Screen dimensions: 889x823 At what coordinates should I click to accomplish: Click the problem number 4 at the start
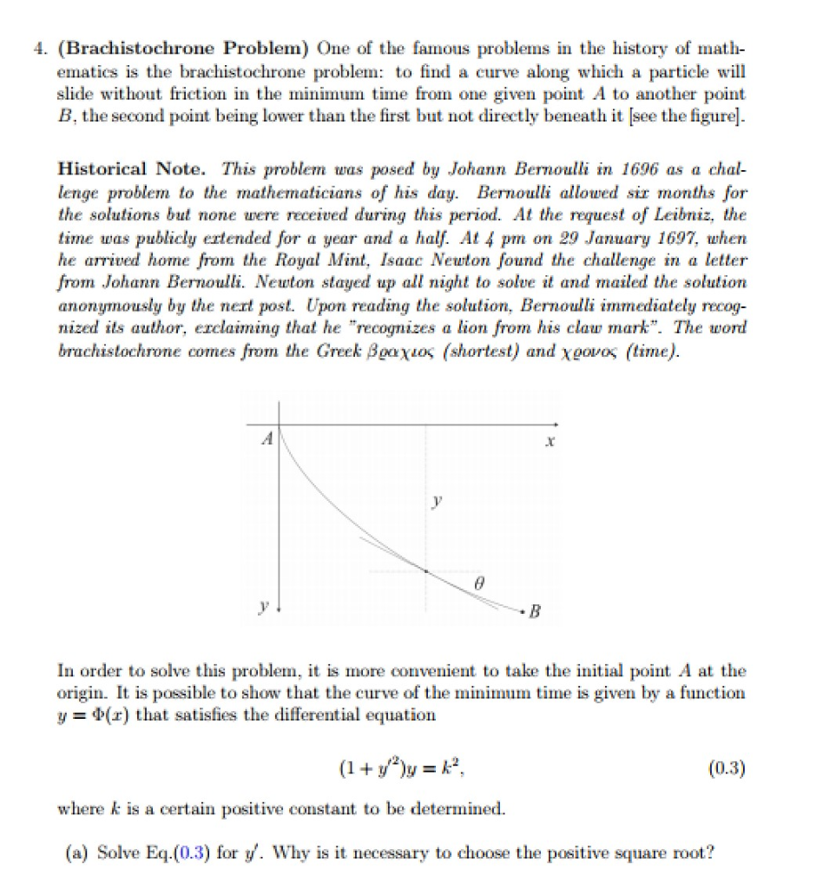[62, 48]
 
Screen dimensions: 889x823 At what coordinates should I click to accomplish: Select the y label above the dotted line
[438, 502]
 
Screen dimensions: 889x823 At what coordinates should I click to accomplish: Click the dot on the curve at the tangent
[425, 570]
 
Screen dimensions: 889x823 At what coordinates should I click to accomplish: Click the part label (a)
[82, 852]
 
